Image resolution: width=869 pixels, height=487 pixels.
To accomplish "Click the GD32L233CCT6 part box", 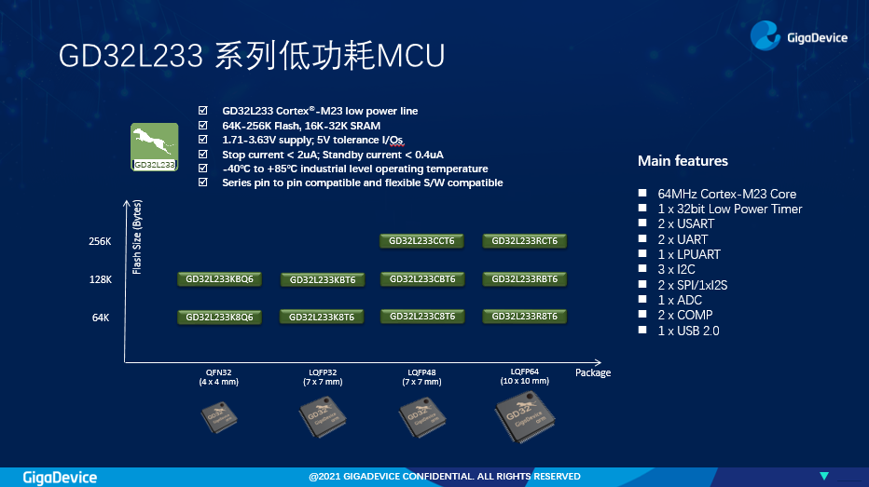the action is [x=421, y=241].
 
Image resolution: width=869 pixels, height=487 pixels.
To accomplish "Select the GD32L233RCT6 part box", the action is [x=524, y=241].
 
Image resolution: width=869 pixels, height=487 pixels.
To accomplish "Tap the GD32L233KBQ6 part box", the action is [x=219, y=279].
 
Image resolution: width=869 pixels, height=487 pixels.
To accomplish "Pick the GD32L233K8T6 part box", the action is [x=322, y=318].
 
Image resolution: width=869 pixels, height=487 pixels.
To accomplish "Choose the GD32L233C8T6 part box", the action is [x=422, y=316].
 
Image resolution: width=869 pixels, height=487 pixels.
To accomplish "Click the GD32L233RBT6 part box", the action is [x=524, y=279].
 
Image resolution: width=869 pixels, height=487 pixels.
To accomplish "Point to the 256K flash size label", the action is [x=100, y=241].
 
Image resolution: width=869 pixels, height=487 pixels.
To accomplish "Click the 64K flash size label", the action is [x=101, y=318].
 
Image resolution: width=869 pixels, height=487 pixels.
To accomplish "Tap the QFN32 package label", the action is [x=218, y=372].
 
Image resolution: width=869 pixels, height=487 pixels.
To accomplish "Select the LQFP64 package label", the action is [x=524, y=372].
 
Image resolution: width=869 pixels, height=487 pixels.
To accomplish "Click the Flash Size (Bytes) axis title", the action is [x=137, y=237].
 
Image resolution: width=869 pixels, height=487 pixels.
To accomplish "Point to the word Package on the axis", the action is [x=593, y=373].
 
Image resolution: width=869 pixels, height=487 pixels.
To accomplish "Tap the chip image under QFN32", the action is [x=219, y=417].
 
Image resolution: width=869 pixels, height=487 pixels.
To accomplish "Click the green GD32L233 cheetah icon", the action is [x=155, y=146].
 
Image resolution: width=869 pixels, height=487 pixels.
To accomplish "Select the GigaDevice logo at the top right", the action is [x=799, y=36].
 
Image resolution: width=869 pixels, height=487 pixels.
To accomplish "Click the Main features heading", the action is [x=683, y=161].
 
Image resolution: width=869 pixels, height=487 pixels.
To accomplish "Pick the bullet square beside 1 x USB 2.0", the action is [x=642, y=330].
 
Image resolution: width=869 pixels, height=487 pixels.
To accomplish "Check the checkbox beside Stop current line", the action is [x=203, y=154].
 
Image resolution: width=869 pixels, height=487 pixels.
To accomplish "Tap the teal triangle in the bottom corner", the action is [x=824, y=476].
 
